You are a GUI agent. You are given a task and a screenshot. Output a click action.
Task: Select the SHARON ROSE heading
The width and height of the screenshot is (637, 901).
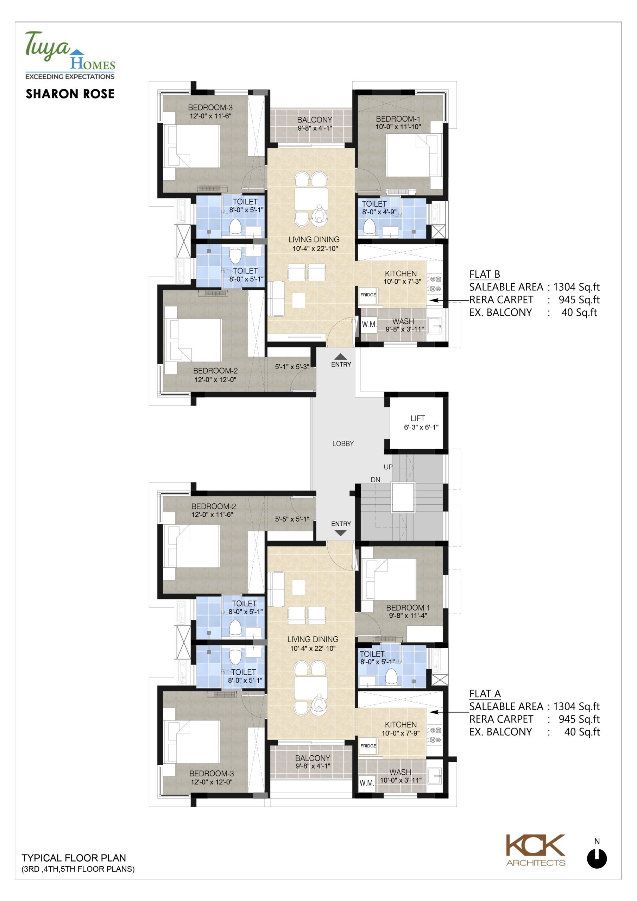point(70,94)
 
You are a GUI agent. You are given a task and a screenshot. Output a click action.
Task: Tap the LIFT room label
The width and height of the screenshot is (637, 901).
point(418,418)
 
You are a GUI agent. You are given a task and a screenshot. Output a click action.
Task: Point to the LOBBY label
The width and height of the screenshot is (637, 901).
point(343,443)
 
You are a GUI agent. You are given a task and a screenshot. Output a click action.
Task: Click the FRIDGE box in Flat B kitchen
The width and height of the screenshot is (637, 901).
point(368,295)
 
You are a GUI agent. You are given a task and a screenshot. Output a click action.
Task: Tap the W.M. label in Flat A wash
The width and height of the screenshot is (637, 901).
point(367,783)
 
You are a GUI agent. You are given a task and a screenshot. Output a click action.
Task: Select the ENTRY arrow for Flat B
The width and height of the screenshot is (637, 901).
point(340,357)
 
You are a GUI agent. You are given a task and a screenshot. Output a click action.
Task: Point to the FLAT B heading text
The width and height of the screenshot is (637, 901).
point(485,274)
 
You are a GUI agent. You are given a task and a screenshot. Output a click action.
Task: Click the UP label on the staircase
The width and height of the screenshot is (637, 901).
point(388,467)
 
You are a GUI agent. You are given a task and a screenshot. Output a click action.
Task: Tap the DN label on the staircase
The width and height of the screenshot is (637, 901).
point(375,480)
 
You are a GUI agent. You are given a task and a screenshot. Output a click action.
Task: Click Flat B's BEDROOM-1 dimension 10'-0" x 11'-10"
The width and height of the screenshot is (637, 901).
point(398,127)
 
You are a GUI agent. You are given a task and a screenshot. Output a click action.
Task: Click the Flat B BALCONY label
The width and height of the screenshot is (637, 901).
point(314,120)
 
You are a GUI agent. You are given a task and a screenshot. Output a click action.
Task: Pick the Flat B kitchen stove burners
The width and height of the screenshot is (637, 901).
point(434,284)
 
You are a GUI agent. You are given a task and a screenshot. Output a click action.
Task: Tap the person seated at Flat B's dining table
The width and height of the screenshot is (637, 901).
point(320,214)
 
